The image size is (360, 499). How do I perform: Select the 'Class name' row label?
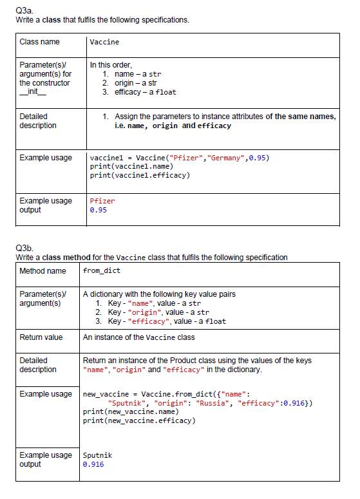[39, 42]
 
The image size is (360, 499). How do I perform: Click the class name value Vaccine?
[104, 42]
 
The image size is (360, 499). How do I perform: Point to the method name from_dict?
[102, 270]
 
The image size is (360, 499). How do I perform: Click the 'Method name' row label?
[43, 270]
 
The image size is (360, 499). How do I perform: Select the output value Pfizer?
[102, 201]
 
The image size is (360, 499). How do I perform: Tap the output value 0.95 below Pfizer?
[99, 210]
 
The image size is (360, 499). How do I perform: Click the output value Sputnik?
[97, 455]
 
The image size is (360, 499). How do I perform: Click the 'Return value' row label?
[41, 337]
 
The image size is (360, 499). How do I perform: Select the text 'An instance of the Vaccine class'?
[138, 337]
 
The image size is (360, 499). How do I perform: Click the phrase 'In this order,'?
[111, 65]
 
